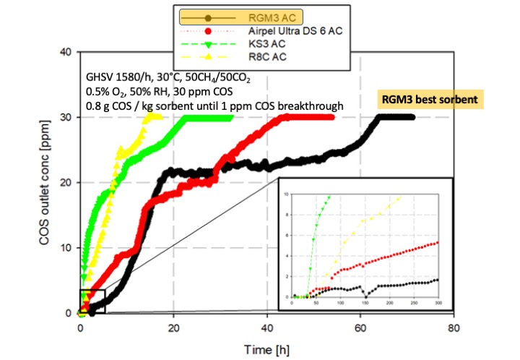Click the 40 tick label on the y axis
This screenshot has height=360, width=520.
coord(66,52)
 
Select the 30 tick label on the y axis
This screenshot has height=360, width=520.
coord(66,117)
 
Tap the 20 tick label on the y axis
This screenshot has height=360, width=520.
coord(66,182)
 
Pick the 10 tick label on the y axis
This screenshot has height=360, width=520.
coord(66,248)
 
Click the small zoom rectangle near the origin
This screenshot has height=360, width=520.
coord(92,301)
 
